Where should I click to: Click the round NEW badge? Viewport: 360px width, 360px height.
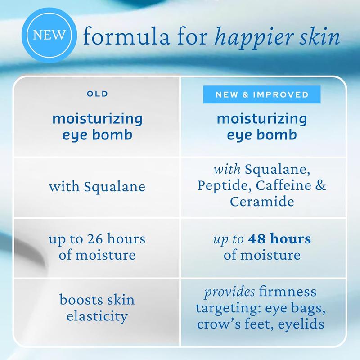tap(49, 36)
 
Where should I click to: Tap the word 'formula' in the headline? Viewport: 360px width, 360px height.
tap(126, 36)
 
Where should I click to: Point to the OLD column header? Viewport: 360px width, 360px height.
tap(97, 94)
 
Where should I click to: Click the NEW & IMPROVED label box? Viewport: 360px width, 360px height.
tap(262, 94)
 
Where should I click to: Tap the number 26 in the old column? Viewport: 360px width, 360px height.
tap(95, 238)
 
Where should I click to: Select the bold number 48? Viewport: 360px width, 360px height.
tap(257, 238)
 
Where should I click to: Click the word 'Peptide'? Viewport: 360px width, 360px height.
tap(224, 186)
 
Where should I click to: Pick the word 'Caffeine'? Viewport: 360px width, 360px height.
tap(283, 185)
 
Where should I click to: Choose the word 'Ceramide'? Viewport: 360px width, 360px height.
tap(262, 201)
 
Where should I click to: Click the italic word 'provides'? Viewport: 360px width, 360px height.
tap(229, 292)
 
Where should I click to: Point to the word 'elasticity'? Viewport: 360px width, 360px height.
tap(97, 316)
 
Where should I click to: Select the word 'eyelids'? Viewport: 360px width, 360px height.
tap(301, 324)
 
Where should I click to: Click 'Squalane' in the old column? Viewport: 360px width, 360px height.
tap(115, 186)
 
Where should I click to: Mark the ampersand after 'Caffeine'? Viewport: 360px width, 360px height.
tap(321, 185)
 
